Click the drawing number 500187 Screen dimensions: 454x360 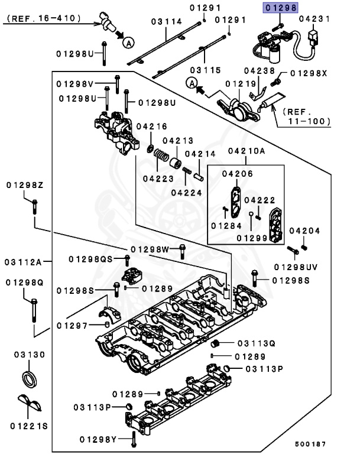point(313,443)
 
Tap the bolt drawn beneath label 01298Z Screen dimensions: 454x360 point(34,206)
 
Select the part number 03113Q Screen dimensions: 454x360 point(257,343)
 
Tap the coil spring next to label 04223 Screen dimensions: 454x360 point(160,157)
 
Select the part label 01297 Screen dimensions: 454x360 point(72,325)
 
